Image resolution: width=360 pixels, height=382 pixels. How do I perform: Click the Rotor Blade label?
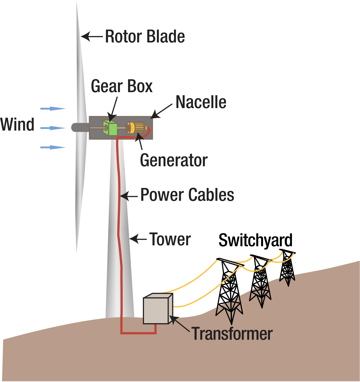[145, 36]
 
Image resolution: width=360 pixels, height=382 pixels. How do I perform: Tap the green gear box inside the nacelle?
[110, 128]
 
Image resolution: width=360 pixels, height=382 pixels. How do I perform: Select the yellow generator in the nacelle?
[136, 128]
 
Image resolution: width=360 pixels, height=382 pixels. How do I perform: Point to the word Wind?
[17, 124]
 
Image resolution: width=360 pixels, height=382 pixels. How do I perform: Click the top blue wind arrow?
[53, 109]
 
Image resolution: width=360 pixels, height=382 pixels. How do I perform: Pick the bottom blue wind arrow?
[53, 147]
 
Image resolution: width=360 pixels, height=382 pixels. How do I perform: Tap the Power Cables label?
[187, 195]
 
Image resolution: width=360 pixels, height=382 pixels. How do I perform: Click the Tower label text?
[170, 239]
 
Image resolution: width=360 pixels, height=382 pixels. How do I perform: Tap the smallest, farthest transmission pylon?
[287, 267]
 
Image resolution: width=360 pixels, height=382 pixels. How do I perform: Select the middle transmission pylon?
[261, 281]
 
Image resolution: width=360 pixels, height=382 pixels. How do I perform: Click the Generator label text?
[174, 160]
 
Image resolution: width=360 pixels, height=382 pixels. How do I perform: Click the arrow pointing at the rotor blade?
[92, 36]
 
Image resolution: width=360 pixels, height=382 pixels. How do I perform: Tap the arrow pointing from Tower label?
[138, 239]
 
